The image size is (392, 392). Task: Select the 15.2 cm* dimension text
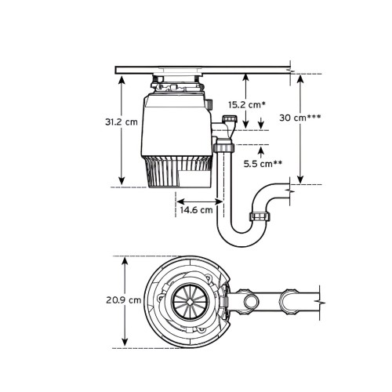[245, 103]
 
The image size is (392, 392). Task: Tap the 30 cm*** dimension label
[300, 117]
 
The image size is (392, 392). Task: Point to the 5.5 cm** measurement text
[262, 165]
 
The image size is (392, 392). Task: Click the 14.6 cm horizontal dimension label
[195, 210]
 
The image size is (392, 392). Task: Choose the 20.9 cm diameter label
[125, 300]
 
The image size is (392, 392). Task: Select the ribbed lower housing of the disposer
[177, 172]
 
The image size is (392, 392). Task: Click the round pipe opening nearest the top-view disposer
[252, 301]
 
